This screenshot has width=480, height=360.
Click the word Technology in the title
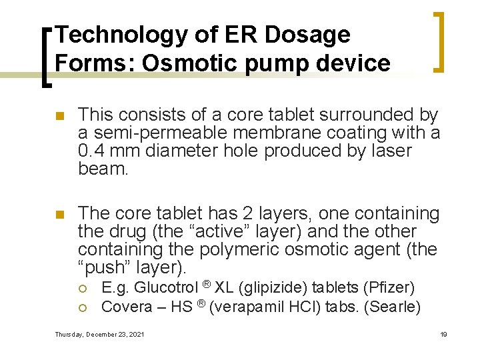[106, 35]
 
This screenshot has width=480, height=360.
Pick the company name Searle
[397, 306]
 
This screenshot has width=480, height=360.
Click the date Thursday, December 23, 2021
[100, 334]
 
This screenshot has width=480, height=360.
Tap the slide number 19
[443, 334]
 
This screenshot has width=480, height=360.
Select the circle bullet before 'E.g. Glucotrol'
[82, 289]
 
